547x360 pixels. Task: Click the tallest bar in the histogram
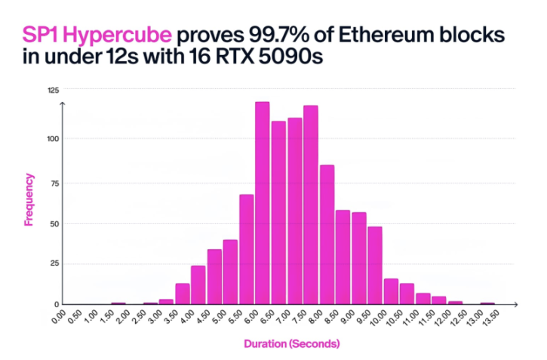[263, 203]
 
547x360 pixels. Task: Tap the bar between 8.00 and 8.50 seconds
[327, 235]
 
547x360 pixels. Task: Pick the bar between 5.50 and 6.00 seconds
[247, 250]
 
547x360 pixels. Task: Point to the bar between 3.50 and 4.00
[183, 294]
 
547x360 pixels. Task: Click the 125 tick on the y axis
[53, 90]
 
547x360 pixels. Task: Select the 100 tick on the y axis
[53, 139]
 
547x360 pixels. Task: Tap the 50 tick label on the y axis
[54, 223]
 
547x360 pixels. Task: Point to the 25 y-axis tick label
[54, 264]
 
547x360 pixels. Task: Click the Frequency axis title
[29, 200]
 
